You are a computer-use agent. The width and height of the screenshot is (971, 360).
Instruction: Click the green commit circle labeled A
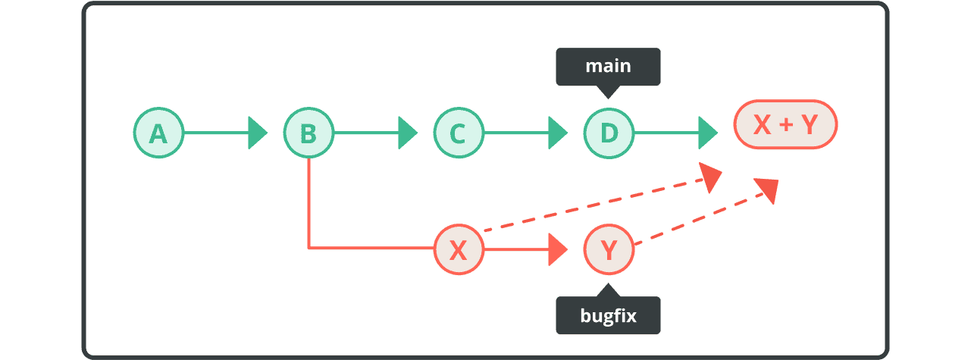coord(158,133)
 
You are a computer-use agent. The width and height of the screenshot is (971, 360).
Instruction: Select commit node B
coord(309,133)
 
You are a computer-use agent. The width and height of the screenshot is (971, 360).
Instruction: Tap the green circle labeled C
coord(458,133)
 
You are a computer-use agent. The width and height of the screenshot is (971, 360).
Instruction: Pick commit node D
coord(609,133)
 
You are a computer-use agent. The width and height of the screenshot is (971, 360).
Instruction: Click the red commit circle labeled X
coord(458,249)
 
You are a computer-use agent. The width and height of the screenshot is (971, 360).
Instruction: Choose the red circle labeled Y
coord(609,249)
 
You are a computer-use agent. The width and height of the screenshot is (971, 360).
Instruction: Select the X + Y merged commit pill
coord(785,126)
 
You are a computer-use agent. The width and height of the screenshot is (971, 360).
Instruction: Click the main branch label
coord(608,67)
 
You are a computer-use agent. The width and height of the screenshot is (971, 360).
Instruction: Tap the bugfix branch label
coord(608,315)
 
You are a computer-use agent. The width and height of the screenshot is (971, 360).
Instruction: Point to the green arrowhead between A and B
coord(258,133)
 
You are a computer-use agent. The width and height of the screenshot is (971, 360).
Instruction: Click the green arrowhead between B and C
coord(408,133)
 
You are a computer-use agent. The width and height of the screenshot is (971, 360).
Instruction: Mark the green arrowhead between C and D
coord(559,133)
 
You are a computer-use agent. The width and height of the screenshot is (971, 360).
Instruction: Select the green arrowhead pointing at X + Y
coord(708,133)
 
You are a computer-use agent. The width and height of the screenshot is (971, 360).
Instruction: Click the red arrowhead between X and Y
coord(558,249)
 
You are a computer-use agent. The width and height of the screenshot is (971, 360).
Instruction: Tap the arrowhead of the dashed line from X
coord(711,178)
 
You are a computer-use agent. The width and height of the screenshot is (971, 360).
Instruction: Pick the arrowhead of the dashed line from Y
coord(768,189)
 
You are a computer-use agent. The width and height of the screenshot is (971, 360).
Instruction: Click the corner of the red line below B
coord(309,248)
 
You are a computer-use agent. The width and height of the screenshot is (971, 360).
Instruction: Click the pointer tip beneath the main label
coord(608,94)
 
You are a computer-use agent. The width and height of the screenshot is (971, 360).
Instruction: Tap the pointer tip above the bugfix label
coord(608,288)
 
